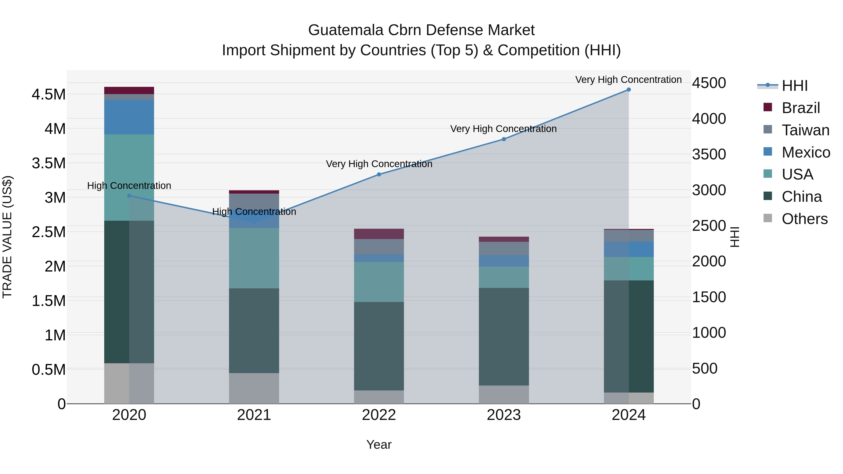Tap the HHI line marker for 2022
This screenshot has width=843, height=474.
[x=379, y=174]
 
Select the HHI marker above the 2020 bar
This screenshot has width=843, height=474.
[x=129, y=196]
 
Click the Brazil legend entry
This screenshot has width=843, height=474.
[x=800, y=108]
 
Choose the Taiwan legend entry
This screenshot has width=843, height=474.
[x=805, y=130]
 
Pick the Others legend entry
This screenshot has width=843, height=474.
[x=804, y=219]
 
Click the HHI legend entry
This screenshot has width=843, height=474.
[x=794, y=86]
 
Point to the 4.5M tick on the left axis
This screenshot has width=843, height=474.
[x=48, y=95]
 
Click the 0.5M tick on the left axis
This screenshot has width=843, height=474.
[x=48, y=370]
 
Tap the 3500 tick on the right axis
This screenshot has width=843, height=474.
[x=709, y=154]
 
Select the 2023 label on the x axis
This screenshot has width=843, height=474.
[x=504, y=415]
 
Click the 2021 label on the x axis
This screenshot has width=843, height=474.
[x=254, y=415]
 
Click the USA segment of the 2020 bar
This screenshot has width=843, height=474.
[x=129, y=177]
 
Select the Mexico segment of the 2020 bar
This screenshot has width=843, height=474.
[x=129, y=117]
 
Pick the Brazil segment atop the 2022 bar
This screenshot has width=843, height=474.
[x=379, y=234]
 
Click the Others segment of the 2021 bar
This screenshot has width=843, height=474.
[x=254, y=388]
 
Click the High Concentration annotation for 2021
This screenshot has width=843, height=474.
[x=254, y=212]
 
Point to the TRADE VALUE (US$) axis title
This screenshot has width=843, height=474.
[x=7, y=237]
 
